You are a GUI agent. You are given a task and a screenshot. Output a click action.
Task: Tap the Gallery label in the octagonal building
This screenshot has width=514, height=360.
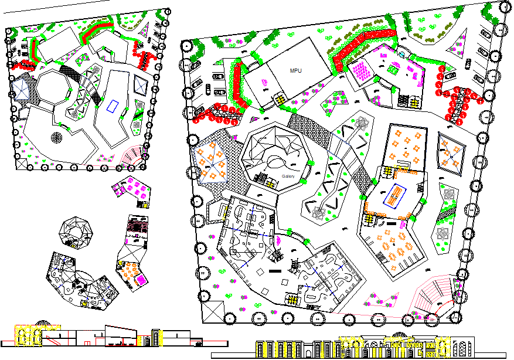click(288, 176)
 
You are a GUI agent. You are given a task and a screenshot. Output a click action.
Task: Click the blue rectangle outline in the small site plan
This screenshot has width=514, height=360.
click(113, 106)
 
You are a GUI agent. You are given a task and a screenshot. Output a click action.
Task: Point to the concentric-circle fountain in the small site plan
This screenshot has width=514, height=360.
click(56, 138)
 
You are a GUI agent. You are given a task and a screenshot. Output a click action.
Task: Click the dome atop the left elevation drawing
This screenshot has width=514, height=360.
click(42, 323)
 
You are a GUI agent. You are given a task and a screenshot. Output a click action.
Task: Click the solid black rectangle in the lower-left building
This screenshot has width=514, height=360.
click(273, 272)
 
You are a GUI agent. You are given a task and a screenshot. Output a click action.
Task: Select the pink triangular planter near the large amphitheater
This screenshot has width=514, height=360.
click(381, 301)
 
